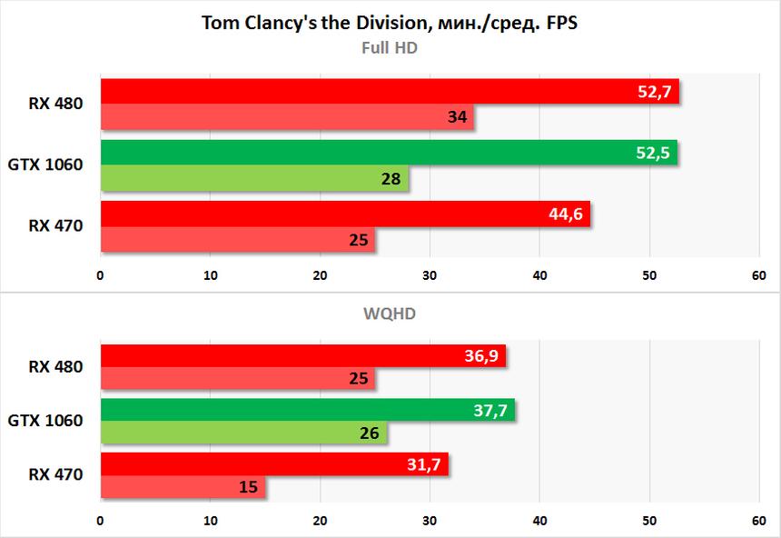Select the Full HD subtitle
tap(390, 47)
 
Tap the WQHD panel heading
tap(390, 314)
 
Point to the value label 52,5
tap(653, 154)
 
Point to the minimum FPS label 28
tap(391, 179)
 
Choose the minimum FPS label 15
tap(249, 488)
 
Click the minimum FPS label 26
tap(370, 433)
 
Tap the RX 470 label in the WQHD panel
tap(55, 474)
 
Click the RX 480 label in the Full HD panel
tap(55, 104)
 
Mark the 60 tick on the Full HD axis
tap(759, 274)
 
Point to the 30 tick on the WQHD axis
tap(430, 523)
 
